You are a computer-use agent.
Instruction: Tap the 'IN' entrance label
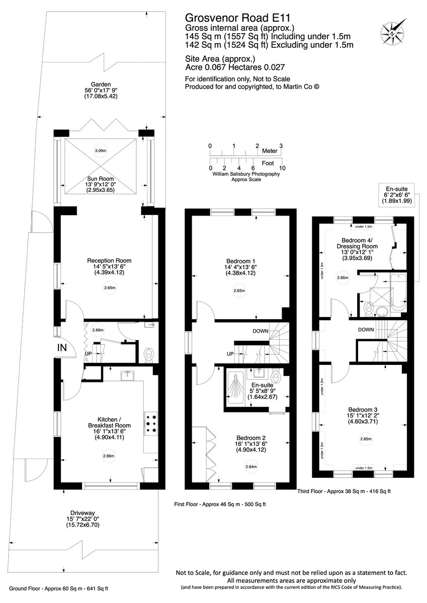coord(62,348)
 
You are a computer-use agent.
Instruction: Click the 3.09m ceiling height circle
coord(101,151)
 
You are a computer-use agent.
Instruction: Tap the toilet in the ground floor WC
coord(148,356)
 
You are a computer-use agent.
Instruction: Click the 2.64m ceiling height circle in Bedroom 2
coord(251,466)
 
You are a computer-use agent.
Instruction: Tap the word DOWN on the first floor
coord(260,331)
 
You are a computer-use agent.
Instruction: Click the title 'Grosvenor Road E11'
coord(237,18)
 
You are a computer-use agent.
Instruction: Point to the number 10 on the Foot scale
coord(282,168)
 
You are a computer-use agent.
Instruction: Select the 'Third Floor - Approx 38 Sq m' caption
coord(331,491)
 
